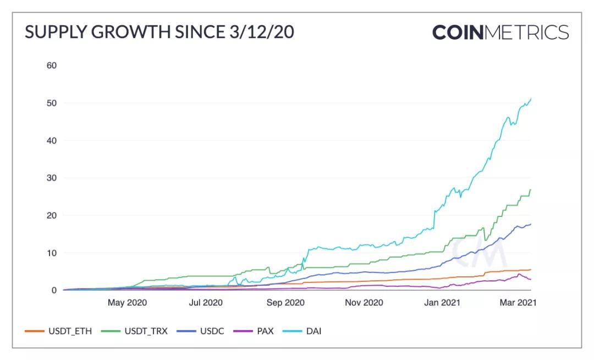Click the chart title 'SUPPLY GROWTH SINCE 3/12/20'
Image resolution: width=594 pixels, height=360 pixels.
(x=159, y=32)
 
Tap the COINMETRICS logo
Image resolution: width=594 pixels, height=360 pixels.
(x=501, y=32)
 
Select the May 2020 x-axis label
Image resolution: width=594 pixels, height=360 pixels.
(x=128, y=302)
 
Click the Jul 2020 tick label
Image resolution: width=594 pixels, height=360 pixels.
(x=206, y=302)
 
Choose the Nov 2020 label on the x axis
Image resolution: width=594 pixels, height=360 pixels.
(x=364, y=302)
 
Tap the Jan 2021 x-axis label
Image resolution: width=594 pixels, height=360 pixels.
(x=443, y=302)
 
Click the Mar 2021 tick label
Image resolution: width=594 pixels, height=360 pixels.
(x=516, y=302)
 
